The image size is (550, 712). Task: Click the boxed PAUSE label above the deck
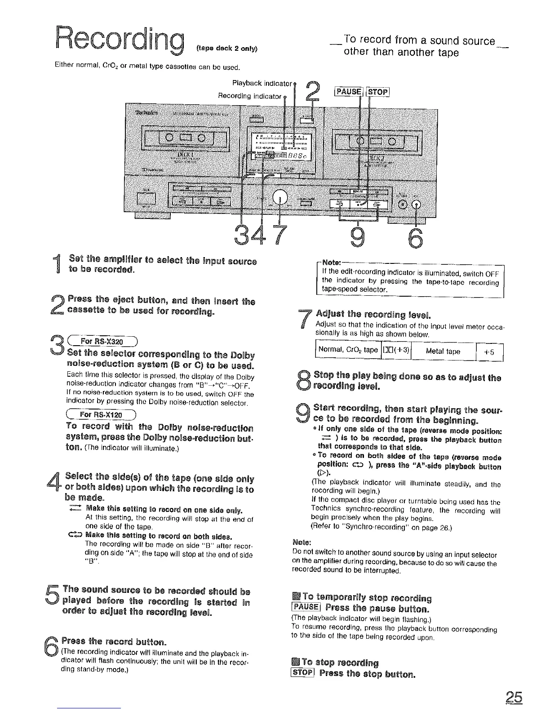(x=348, y=93)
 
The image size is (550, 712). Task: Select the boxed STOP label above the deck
(x=378, y=93)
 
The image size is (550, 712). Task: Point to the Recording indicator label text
(x=250, y=96)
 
